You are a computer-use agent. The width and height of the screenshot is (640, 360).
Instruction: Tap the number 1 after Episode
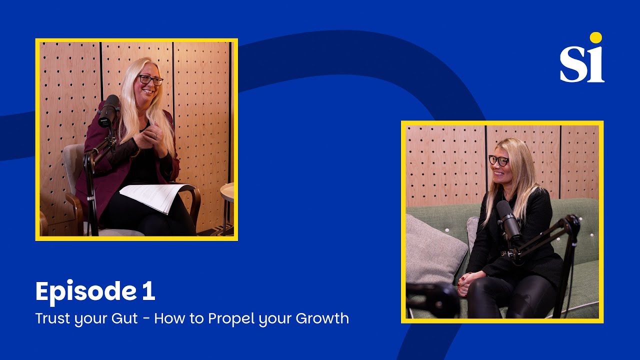[148, 292]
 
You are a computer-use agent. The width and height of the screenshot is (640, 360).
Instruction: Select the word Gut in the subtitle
[125, 318]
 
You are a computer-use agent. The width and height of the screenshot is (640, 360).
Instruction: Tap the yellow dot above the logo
[595, 37]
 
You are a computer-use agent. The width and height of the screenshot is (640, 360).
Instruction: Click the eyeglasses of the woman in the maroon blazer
[150, 80]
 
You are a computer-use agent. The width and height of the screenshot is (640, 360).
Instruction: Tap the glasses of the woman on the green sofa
[498, 160]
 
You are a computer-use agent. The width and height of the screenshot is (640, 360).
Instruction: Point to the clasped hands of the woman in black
[466, 283]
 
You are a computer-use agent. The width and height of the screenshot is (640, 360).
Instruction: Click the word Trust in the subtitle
[52, 318]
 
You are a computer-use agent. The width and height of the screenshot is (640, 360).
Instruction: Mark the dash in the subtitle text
[145, 319]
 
